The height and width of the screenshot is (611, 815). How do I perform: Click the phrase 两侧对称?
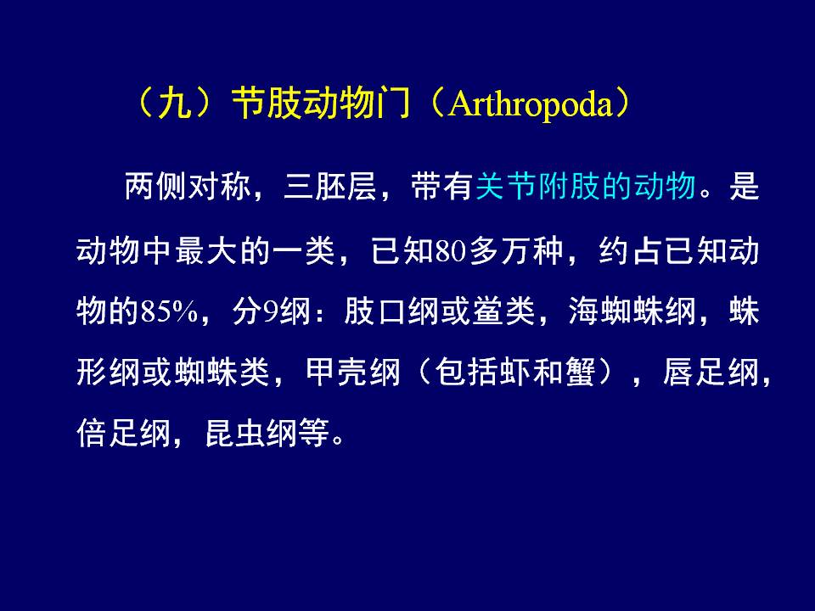[x=188, y=186]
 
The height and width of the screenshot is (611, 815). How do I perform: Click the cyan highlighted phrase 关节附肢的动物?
[x=586, y=186]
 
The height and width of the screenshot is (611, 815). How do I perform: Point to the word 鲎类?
[x=503, y=311]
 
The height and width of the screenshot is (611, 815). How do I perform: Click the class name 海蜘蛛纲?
[x=632, y=311]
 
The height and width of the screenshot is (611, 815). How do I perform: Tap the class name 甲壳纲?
[x=353, y=373]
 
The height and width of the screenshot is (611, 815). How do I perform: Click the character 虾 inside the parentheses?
[x=515, y=373]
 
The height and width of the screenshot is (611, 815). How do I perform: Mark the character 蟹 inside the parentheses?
[x=580, y=373]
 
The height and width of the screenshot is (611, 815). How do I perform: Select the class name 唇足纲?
[x=711, y=373]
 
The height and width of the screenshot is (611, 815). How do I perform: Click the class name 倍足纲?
[x=124, y=433]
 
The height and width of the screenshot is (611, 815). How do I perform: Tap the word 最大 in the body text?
[x=206, y=251]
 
